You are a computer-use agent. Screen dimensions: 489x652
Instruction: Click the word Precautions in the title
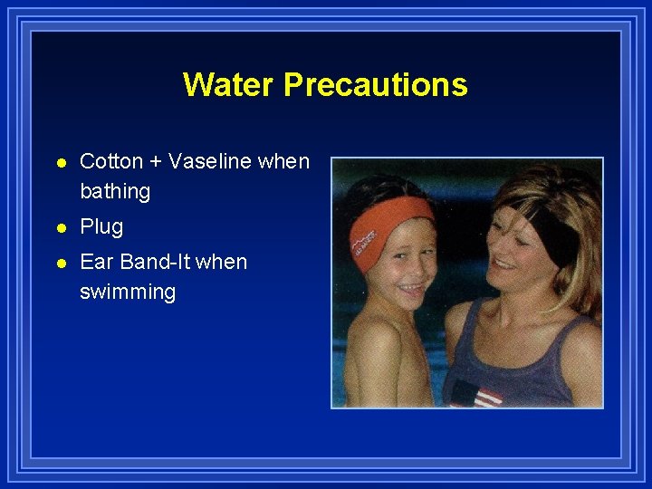click(x=375, y=84)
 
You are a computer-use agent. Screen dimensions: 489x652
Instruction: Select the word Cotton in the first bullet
click(x=111, y=162)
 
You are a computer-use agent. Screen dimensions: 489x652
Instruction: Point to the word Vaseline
click(x=210, y=162)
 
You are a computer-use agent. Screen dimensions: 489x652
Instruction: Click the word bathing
click(x=115, y=192)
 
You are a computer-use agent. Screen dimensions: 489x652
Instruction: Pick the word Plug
click(x=101, y=227)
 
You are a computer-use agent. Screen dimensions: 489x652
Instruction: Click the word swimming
click(x=128, y=292)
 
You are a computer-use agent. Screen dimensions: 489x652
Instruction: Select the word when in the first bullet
click(x=283, y=162)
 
